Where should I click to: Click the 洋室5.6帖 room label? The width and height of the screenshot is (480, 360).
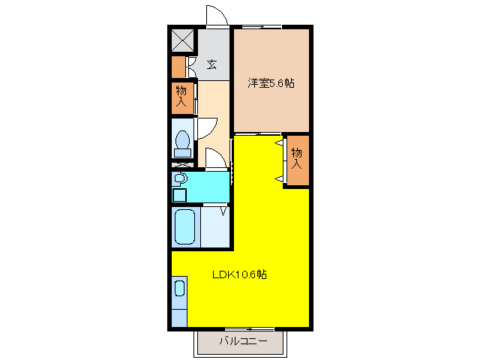pyautogui.click(x=271, y=83)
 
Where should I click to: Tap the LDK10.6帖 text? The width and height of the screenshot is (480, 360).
pyautogui.click(x=239, y=274)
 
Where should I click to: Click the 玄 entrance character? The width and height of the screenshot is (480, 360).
pyautogui.click(x=212, y=64)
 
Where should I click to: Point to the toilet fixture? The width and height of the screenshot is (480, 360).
pyautogui.click(x=182, y=141)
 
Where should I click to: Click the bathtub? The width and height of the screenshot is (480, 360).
pyautogui.click(x=185, y=227)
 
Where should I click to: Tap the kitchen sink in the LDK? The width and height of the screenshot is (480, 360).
pyautogui.click(x=179, y=288)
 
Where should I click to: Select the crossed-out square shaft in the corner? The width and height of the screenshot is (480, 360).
pyautogui.click(x=182, y=39)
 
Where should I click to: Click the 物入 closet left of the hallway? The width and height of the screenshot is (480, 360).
pyautogui.click(x=181, y=97)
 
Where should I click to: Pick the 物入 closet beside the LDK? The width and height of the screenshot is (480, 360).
pyautogui.click(x=296, y=158)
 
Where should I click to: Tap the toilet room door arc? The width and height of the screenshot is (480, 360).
pyautogui.click(x=207, y=127)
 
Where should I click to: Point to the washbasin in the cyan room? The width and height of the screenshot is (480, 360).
pyautogui.click(x=179, y=178)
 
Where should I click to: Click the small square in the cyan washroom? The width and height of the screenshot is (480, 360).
pyautogui.click(x=179, y=195)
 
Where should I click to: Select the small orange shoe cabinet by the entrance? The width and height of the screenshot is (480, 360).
pyautogui.click(x=178, y=67)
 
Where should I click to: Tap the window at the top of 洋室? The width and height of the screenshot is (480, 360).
pyautogui.click(x=262, y=27)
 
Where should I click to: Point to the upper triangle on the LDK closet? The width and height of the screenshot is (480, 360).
pyautogui.click(x=279, y=142)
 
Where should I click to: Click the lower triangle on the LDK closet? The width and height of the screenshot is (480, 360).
pyautogui.click(x=279, y=178)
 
